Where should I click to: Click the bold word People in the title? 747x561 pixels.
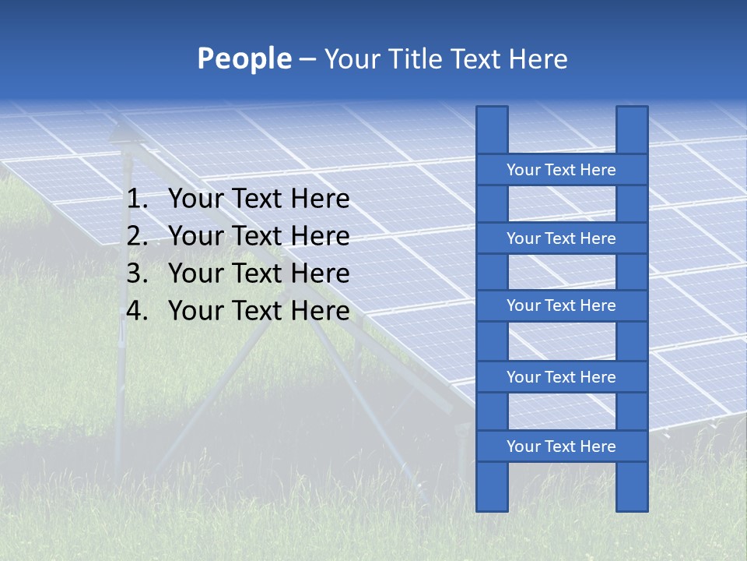244,59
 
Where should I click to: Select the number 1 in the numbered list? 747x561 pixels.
136,199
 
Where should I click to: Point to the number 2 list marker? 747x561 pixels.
136,236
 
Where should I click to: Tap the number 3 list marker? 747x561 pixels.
136,273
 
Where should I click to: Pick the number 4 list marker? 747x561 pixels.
136,311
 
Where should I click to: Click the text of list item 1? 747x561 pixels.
258,199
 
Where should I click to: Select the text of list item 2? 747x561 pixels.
258,236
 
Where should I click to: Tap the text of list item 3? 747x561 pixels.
258,273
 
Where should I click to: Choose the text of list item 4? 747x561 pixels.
258,311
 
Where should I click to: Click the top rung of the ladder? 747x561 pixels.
561,170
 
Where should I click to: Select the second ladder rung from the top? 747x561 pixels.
561,238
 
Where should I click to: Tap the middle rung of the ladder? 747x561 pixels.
561,305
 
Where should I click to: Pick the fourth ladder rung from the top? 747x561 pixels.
561,377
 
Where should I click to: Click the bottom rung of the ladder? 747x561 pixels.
561,446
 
